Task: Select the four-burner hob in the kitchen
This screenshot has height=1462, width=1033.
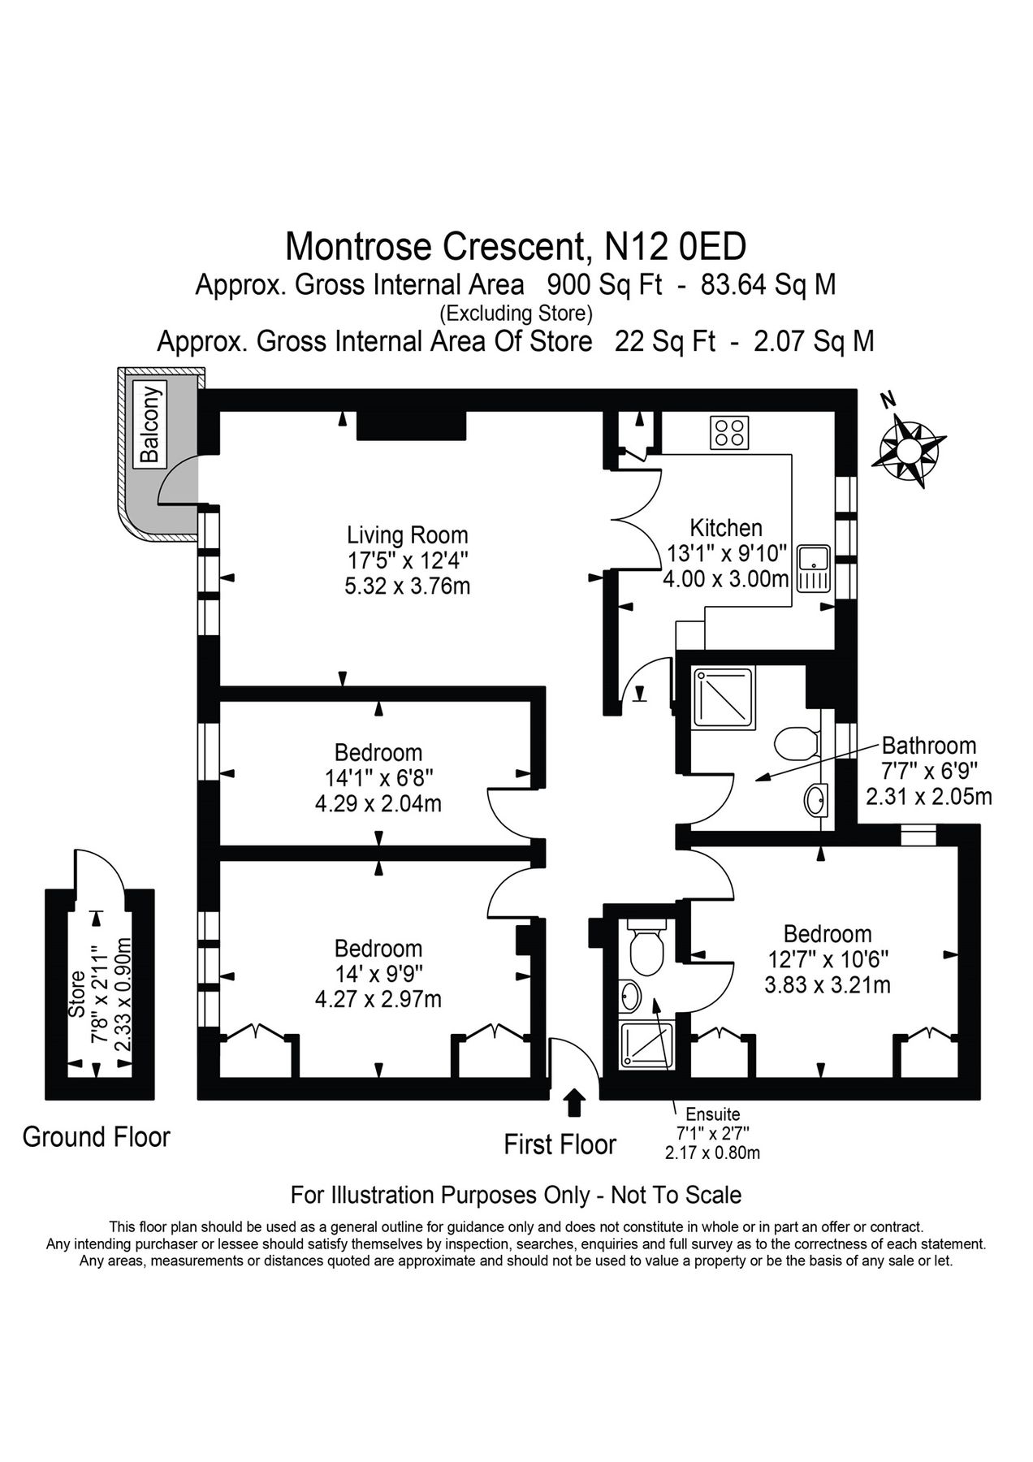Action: pyautogui.click(x=729, y=432)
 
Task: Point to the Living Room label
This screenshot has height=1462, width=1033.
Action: pyautogui.click(x=407, y=535)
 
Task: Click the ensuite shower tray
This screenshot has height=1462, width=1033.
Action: pyautogui.click(x=647, y=1045)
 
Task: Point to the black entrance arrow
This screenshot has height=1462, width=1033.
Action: pyautogui.click(x=574, y=1103)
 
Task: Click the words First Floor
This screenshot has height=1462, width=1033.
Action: pyautogui.click(x=560, y=1145)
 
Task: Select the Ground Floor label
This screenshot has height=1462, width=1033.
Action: pyautogui.click(x=96, y=1137)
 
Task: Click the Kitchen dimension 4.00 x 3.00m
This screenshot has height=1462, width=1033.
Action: pyautogui.click(x=726, y=579)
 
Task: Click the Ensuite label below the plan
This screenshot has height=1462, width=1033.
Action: pyautogui.click(x=712, y=1115)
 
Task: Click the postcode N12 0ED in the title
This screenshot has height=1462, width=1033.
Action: pyautogui.click(x=676, y=246)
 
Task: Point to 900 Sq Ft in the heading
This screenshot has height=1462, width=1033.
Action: pyautogui.click(x=604, y=285)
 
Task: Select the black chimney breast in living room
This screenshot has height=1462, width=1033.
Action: pyautogui.click(x=412, y=425)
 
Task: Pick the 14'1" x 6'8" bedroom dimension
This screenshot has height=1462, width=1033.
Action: pyautogui.click(x=378, y=778)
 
